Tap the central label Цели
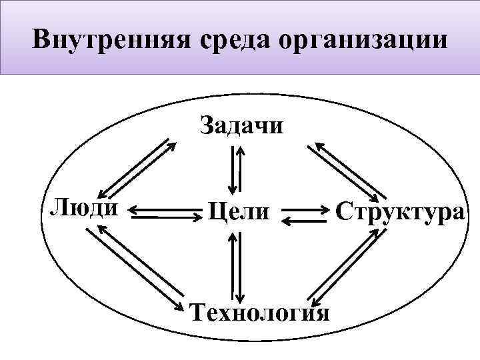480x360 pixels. [239, 212]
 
